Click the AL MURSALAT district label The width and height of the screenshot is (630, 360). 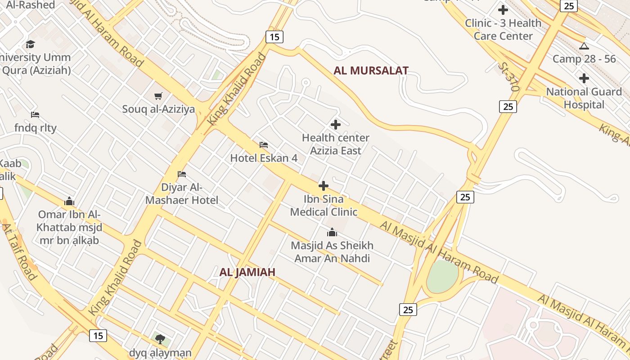pos(371,71)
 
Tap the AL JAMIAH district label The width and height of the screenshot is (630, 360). pos(247,272)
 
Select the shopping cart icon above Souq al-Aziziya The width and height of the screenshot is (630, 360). pos(158,96)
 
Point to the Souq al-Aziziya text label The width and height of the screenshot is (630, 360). pos(158,109)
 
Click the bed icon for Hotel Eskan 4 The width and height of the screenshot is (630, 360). pos(264,145)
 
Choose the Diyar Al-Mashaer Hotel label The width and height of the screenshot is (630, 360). pos(182,194)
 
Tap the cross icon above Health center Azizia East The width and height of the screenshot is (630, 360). pos(336,125)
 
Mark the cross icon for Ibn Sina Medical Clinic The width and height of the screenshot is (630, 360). pos(324,186)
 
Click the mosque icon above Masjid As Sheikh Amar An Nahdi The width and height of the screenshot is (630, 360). pos(332,232)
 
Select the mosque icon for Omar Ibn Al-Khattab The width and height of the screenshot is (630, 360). pos(69,201)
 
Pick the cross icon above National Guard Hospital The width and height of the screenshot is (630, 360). pos(584,78)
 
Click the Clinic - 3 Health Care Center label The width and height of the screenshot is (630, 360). pos(503,29)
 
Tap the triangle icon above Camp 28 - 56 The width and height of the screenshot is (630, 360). pos(584,46)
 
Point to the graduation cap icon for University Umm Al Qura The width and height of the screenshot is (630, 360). pos(30,44)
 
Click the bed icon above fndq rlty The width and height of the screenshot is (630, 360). pos(35,115)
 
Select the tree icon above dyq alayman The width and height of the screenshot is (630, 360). pos(160,339)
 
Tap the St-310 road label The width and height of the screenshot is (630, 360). pos(508,76)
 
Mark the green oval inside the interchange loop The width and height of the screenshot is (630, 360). pos(442,276)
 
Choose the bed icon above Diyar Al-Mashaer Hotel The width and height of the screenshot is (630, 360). pos(182,174)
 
